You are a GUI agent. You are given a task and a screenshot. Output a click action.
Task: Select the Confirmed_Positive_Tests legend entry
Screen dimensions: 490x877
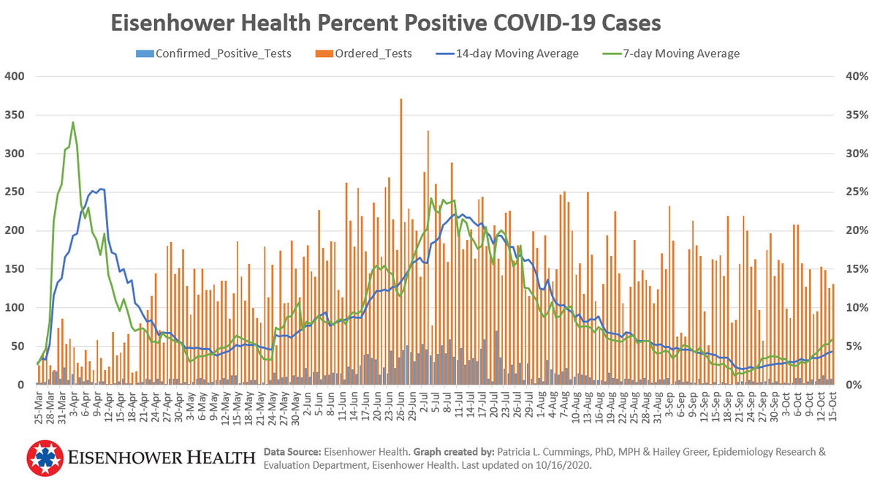(213, 53)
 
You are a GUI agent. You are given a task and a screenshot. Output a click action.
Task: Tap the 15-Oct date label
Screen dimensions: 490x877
(832, 402)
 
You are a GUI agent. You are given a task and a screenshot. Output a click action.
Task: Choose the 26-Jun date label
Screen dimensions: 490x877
(400, 402)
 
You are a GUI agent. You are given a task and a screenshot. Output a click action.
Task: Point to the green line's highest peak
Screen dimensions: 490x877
(73, 123)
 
